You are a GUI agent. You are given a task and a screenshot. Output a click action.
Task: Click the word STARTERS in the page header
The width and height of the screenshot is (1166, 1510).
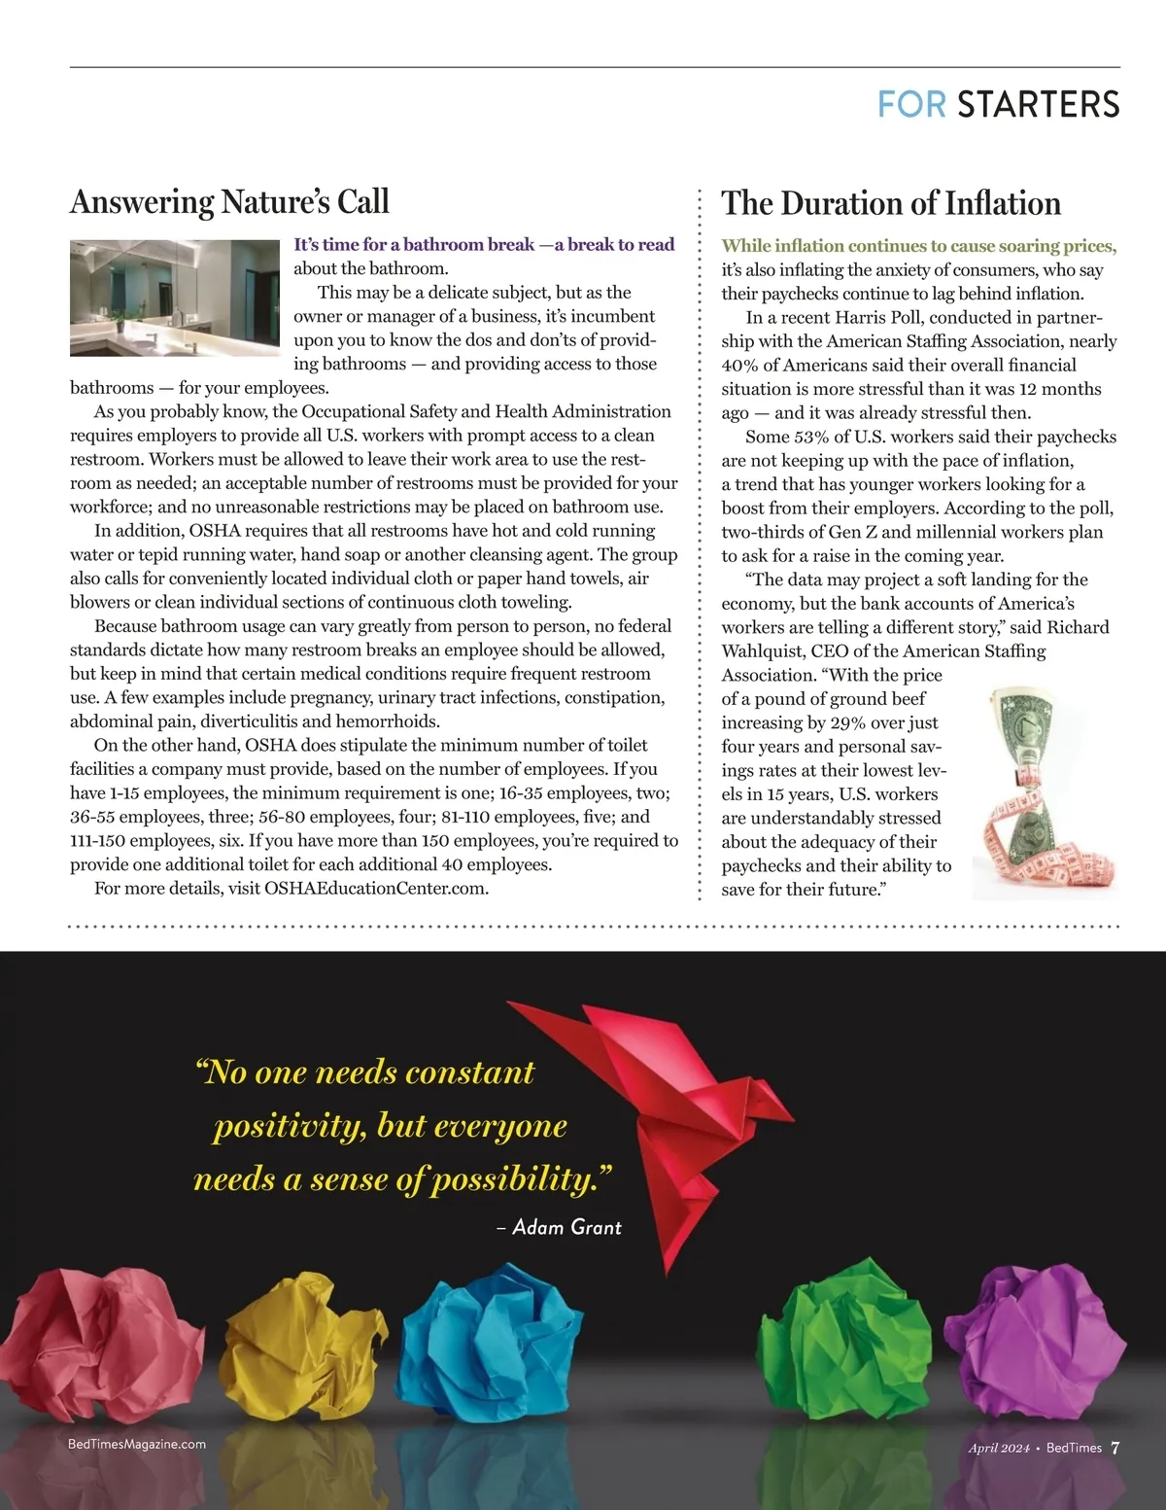[x=1038, y=105]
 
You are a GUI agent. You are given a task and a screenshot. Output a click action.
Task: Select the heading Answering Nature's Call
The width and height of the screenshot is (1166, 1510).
[x=229, y=202]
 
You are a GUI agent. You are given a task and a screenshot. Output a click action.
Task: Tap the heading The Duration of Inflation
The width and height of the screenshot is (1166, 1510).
[x=891, y=203]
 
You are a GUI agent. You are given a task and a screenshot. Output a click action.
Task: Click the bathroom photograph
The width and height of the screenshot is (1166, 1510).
[x=175, y=298]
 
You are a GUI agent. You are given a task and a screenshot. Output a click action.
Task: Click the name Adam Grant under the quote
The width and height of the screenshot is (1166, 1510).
[x=566, y=1228]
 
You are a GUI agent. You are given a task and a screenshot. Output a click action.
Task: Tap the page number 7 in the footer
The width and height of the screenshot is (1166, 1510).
[x=1115, y=1448]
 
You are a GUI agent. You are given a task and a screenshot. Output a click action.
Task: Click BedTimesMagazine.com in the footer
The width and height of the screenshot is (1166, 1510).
[x=137, y=1444]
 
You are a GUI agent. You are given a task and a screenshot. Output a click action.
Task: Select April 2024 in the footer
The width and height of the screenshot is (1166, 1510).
[x=998, y=1448]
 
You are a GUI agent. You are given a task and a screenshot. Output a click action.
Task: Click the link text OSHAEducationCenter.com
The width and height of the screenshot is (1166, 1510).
[x=375, y=888]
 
